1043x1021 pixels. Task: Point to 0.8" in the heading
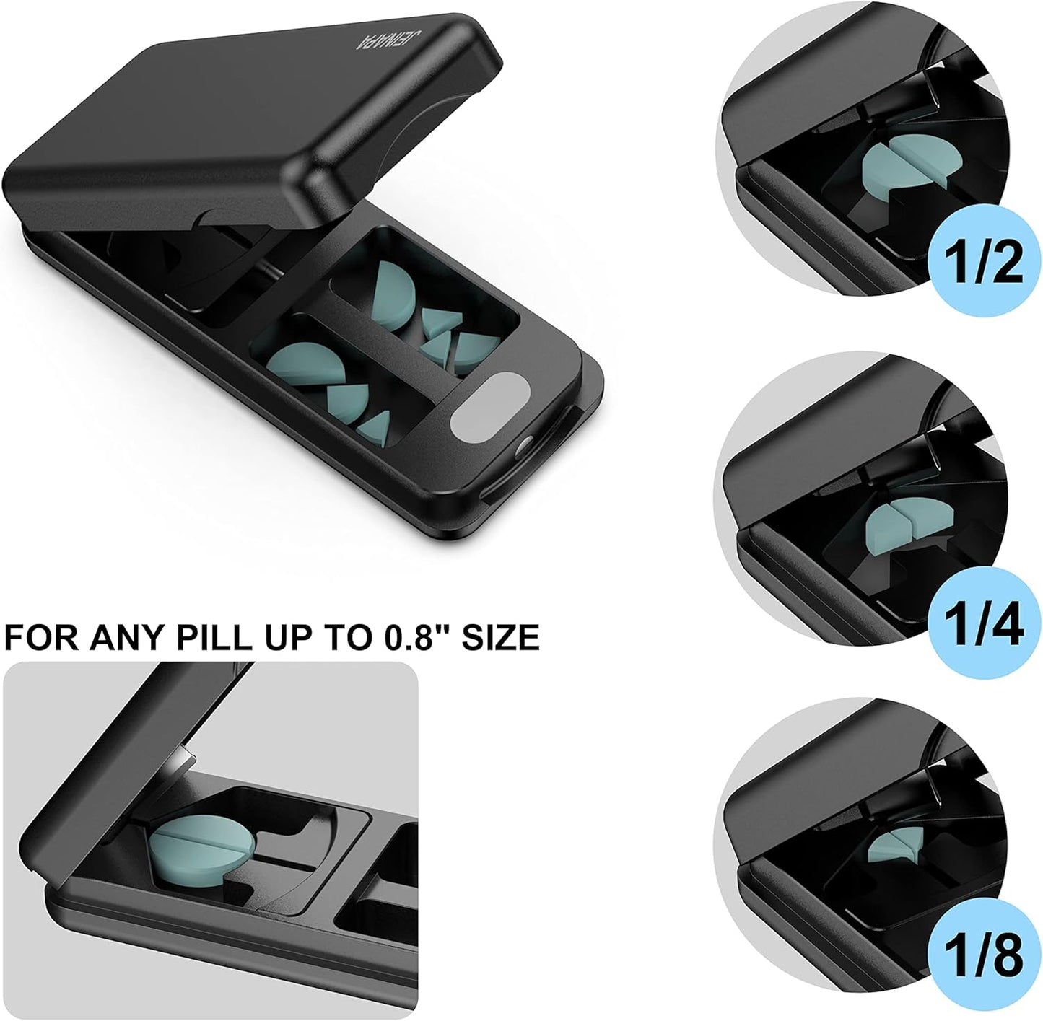(405, 638)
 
